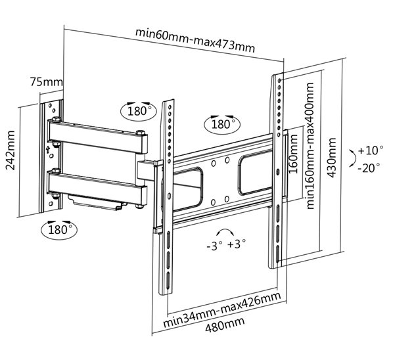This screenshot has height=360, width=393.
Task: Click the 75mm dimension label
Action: (x=46, y=82)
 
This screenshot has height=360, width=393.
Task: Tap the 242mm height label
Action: (x=11, y=150)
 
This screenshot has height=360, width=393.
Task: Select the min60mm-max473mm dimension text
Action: (x=195, y=40)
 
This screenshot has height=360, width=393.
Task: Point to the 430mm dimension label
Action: (x=332, y=158)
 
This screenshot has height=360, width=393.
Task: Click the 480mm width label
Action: (x=225, y=324)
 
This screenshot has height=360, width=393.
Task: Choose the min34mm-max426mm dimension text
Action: (x=222, y=309)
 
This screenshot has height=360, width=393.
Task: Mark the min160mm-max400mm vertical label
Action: (x=310, y=146)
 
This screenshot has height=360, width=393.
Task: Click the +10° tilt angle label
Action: (x=371, y=150)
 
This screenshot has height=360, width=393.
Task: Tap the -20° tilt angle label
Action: (x=369, y=168)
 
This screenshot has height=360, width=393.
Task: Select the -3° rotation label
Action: (x=214, y=246)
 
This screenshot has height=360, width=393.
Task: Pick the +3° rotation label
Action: (x=237, y=244)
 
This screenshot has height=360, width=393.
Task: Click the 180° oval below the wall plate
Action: (x=59, y=229)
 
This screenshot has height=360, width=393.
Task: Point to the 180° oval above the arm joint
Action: (x=139, y=111)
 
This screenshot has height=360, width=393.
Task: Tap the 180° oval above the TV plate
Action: (x=222, y=124)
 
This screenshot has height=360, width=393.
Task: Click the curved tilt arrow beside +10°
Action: (x=353, y=158)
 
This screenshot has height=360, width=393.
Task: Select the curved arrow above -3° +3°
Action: (x=225, y=230)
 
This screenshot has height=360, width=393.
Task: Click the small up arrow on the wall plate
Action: (x=48, y=150)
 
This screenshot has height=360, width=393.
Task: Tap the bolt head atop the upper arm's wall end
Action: (x=56, y=119)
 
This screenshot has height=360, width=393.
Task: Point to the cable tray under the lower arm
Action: (x=97, y=202)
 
